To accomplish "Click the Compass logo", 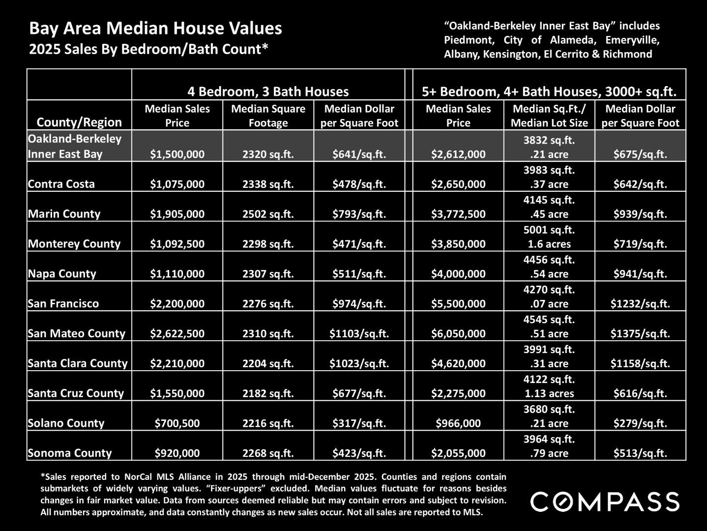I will (604, 501).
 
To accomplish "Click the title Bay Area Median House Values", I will (155, 29).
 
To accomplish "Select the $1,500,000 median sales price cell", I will (177, 154).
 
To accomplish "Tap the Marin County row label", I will (64, 214).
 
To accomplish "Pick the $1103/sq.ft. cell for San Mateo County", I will (359, 334).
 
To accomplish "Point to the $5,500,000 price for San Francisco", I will (458, 304).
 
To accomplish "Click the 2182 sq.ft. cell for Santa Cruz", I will (268, 393).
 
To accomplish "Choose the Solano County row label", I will (66, 423).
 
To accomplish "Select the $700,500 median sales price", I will (177, 423).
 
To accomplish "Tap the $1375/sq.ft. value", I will (640, 334).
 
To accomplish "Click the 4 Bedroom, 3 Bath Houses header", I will (268, 91).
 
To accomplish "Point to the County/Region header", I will (79, 122).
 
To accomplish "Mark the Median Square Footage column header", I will (268, 116).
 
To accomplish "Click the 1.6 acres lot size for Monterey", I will (549, 244).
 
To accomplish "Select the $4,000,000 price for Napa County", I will (458, 274).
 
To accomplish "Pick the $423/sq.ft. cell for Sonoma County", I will (359, 453).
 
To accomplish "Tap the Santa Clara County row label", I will (78, 364).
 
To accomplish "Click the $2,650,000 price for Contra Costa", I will (458, 184).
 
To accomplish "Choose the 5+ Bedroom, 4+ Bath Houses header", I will (549, 91).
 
